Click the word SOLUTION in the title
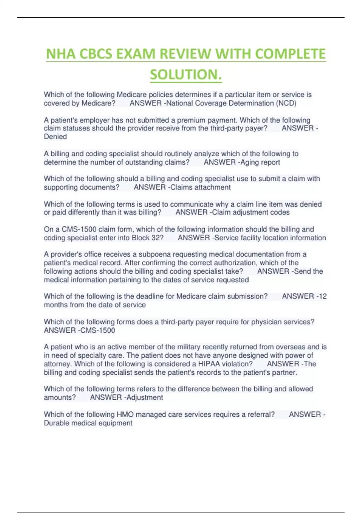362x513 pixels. (x=186, y=75)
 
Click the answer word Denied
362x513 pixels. (x=55, y=137)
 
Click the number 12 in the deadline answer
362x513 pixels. (x=322, y=296)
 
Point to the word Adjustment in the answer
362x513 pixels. (x=145, y=397)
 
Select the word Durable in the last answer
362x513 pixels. (x=56, y=423)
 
